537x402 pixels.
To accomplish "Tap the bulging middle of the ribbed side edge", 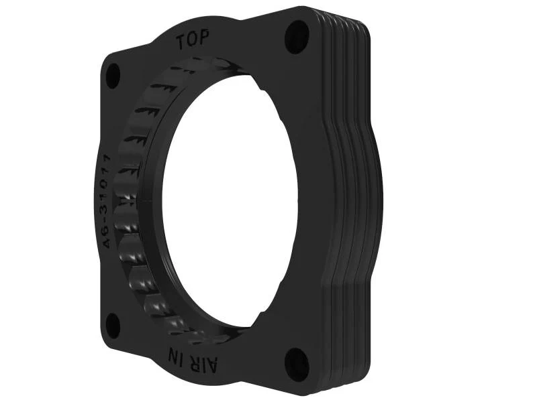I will pyautogui.click(x=362, y=201).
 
